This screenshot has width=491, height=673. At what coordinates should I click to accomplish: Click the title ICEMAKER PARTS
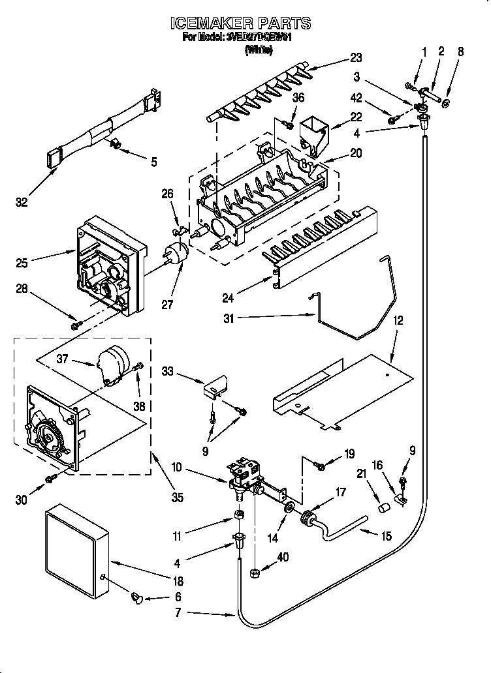click(x=240, y=23)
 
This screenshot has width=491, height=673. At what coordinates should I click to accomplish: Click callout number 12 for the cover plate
click(x=398, y=320)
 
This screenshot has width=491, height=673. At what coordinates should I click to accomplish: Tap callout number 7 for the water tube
click(x=177, y=612)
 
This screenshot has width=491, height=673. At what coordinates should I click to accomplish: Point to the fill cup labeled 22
click(x=311, y=134)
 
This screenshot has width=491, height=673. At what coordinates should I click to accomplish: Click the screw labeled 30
click(x=50, y=480)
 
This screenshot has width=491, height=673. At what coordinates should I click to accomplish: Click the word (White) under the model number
click(x=258, y=50)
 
